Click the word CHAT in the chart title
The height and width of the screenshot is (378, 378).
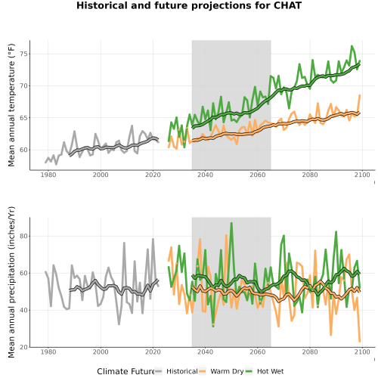pos(287,5)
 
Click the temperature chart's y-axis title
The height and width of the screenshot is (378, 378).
pos(11,105)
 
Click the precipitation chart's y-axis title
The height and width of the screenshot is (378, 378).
pos(11,282)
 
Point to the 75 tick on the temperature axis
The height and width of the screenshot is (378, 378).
pos(24,54)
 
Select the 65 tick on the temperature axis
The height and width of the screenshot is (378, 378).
pos(24,118)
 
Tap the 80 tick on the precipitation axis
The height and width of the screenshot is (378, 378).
pos(24,236)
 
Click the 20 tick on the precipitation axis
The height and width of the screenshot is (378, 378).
pos(24,347)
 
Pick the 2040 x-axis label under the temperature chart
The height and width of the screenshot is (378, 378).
pos(205,175)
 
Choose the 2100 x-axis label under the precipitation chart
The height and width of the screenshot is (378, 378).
pos(362,352)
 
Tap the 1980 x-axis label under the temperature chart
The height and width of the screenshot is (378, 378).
pos(48,175)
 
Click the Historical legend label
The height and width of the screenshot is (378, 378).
pos(182,371)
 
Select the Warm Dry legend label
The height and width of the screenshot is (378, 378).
pos(227,371)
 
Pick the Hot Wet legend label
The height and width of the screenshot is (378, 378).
pos(270,371)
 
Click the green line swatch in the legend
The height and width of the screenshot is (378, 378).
pos(249,371)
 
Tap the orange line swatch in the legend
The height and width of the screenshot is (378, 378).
pos(203,371)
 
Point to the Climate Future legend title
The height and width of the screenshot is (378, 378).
pos(125,371)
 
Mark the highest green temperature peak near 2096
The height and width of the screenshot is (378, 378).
pos(352,46)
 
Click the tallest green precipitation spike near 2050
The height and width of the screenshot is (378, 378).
pos(231,223)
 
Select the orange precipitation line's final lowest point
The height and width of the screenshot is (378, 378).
pos(360,342)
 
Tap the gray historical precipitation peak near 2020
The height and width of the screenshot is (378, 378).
pos(153,239)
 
